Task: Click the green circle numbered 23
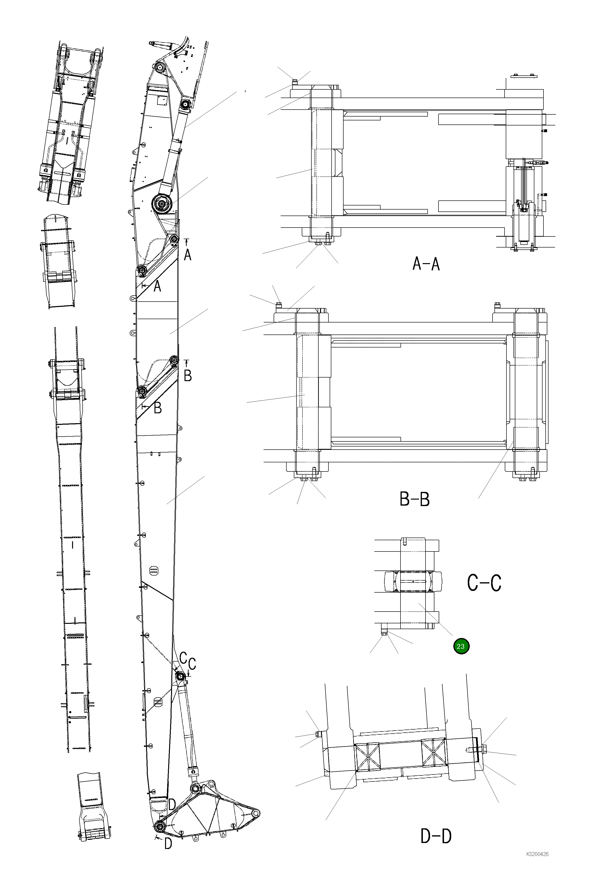[x=461, y=646]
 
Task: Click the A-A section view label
[x=426, y=264]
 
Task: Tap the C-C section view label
[x=484, y=583]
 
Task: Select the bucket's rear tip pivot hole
[x=256, y=812]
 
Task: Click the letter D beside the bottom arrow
[x=168, y=844]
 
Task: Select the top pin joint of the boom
[x=159, y=68]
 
